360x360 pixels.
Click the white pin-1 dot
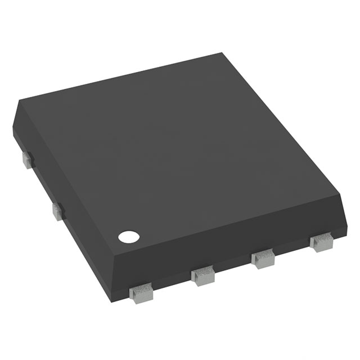[128, 237]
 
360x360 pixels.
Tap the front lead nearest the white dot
[141, 292]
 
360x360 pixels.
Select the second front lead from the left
[203, 276]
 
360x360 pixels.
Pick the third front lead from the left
[263, 259]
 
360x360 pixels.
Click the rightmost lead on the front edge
[321, 242]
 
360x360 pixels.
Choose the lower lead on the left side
[58, 211]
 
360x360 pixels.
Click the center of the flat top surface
[180, 152]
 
